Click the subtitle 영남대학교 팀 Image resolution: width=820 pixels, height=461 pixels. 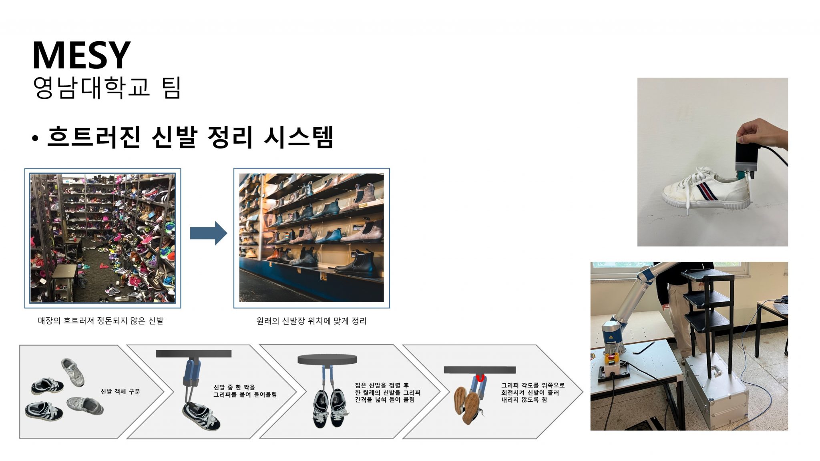107,87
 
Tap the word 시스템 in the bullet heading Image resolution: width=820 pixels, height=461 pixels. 298,137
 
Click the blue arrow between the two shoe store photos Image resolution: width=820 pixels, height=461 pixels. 208,233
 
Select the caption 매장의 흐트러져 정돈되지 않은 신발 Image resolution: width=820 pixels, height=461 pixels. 100,321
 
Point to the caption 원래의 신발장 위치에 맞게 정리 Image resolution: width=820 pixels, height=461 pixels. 312,321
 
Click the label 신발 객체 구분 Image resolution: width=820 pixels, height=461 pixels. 120,391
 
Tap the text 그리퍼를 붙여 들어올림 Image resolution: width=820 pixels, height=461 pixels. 245,395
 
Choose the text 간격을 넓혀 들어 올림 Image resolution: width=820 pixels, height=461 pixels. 384,400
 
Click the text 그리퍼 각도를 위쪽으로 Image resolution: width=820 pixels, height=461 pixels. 533,385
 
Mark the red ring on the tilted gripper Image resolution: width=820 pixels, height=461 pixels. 480,378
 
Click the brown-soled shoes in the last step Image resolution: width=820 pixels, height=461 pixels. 468,405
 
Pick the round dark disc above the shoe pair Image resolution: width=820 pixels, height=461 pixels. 327,359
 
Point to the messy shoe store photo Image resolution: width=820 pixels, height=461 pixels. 102,238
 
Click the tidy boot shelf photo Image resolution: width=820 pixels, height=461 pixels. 312,238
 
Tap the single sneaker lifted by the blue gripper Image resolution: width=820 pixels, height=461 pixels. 201,416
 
